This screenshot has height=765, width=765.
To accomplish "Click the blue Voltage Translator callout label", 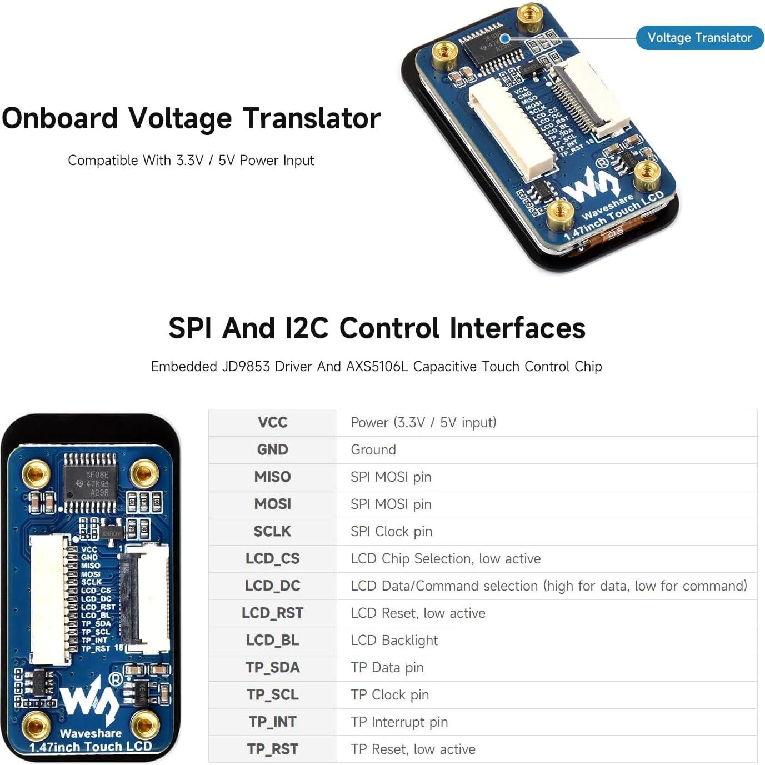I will click(x=699, y=38).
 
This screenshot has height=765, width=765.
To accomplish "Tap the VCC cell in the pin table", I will click(x=272, y=422).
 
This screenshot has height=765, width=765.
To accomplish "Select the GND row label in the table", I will click(x=272, y=449).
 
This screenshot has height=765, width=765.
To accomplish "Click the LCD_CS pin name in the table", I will click(x=272, y=558).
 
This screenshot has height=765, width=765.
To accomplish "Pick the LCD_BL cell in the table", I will click(x=272, y=640).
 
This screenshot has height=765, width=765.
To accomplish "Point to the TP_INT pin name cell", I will click(x=272, y=722).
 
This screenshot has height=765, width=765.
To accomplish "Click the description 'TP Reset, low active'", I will click(x=413, y=749).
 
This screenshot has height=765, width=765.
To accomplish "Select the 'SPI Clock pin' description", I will click(x=391, y=531).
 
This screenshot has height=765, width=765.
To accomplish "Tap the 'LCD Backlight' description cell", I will click(x=394, y=640).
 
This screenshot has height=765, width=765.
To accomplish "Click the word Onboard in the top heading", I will click(x=60, y=118).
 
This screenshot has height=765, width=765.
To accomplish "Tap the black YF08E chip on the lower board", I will click(x=91, y=483).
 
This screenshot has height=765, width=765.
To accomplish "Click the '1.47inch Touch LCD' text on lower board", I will click(x=91, y=747).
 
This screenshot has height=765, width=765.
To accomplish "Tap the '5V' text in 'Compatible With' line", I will click(x=227, y=161).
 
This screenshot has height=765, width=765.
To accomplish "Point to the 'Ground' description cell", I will click(x=373, y=449).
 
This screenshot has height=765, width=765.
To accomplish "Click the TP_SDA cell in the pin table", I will click(x=272, y=667).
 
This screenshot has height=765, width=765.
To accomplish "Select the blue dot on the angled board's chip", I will click(x=505, y=38).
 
